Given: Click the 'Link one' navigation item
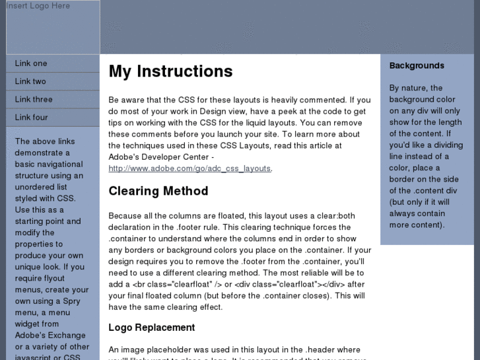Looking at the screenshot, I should point(31,63).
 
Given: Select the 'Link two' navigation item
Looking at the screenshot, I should point(30,81).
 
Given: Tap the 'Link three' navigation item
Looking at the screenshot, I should point(34,99).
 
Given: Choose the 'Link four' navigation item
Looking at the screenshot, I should point(32,117).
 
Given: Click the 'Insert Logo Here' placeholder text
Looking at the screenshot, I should point(38,6).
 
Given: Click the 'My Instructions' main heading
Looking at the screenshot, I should point(170,71).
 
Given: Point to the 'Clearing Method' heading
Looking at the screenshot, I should point(158,191).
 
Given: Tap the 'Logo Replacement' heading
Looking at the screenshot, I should point(151,328).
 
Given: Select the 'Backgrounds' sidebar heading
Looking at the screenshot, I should point(417,65).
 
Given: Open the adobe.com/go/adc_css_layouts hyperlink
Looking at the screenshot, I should point(189,168).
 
